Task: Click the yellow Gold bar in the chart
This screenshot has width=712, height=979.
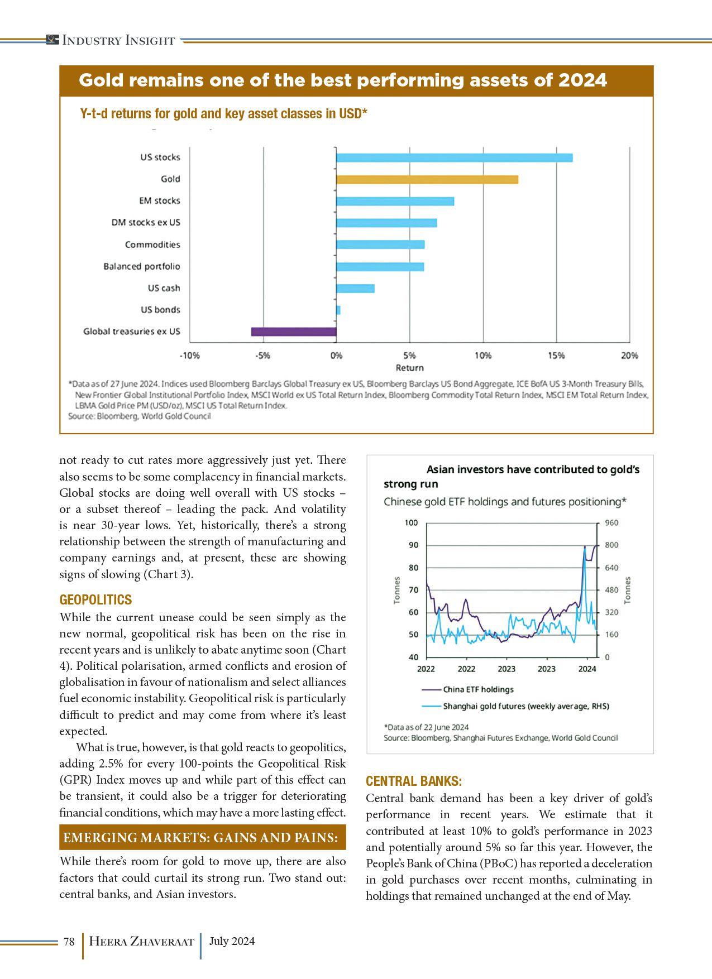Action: (x=427, y=179)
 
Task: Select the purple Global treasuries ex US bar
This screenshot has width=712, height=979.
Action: (x=294, y=332)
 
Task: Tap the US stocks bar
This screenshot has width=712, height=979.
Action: (x=454, y=157)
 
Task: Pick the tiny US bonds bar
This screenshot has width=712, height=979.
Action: (x=338, y=310)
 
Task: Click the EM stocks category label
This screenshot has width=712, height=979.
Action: (x=160, y=201)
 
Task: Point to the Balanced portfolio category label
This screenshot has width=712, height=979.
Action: (x=142, y=266)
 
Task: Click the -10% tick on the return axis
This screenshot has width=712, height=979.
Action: (x=189, y=355)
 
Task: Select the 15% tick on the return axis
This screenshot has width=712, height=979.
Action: (x=556, y=355)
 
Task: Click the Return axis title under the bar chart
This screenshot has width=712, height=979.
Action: (x=409, y=368)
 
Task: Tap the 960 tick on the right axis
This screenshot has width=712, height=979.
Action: (x=611, y=523)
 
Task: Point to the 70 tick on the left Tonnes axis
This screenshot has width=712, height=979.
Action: (x=413, y=590)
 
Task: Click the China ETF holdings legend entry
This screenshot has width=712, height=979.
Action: (x=477, y=689)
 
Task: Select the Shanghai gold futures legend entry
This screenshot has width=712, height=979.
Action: (x=525, y=706)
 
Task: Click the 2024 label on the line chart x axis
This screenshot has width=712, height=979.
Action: (x=587, y=669)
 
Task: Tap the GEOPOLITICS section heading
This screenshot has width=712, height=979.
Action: (x=95, y=600)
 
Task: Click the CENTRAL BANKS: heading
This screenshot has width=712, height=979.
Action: (x=414, y=781)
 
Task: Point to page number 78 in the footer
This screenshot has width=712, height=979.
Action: (x=69, y=942)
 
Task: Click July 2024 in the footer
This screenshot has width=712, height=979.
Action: (x=232, y=941)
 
